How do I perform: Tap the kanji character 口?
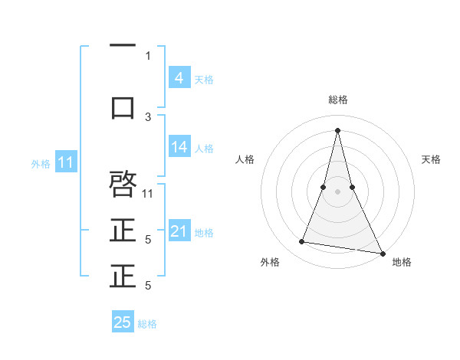(x=123, y=107)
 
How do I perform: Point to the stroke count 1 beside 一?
(x=148, y=55)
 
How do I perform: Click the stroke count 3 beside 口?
(x=148, y=116)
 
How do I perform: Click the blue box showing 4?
(x=179, y=77)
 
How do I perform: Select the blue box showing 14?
(x=179, y=147)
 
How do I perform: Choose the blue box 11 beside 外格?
(x=67, y=162)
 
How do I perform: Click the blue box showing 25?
(x=123, y=322)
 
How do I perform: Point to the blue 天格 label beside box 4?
(x=204, y=79)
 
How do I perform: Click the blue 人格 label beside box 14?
(x=204, y=148)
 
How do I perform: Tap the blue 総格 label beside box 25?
(x=147, y=324)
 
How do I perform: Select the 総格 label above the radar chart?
(x=337, y=100)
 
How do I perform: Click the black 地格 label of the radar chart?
(x=402, y=262)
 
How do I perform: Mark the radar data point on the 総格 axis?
(x=337, y=129)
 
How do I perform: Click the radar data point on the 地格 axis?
(x=383, y=252)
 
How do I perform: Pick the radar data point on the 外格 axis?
(x=302, y=242)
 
